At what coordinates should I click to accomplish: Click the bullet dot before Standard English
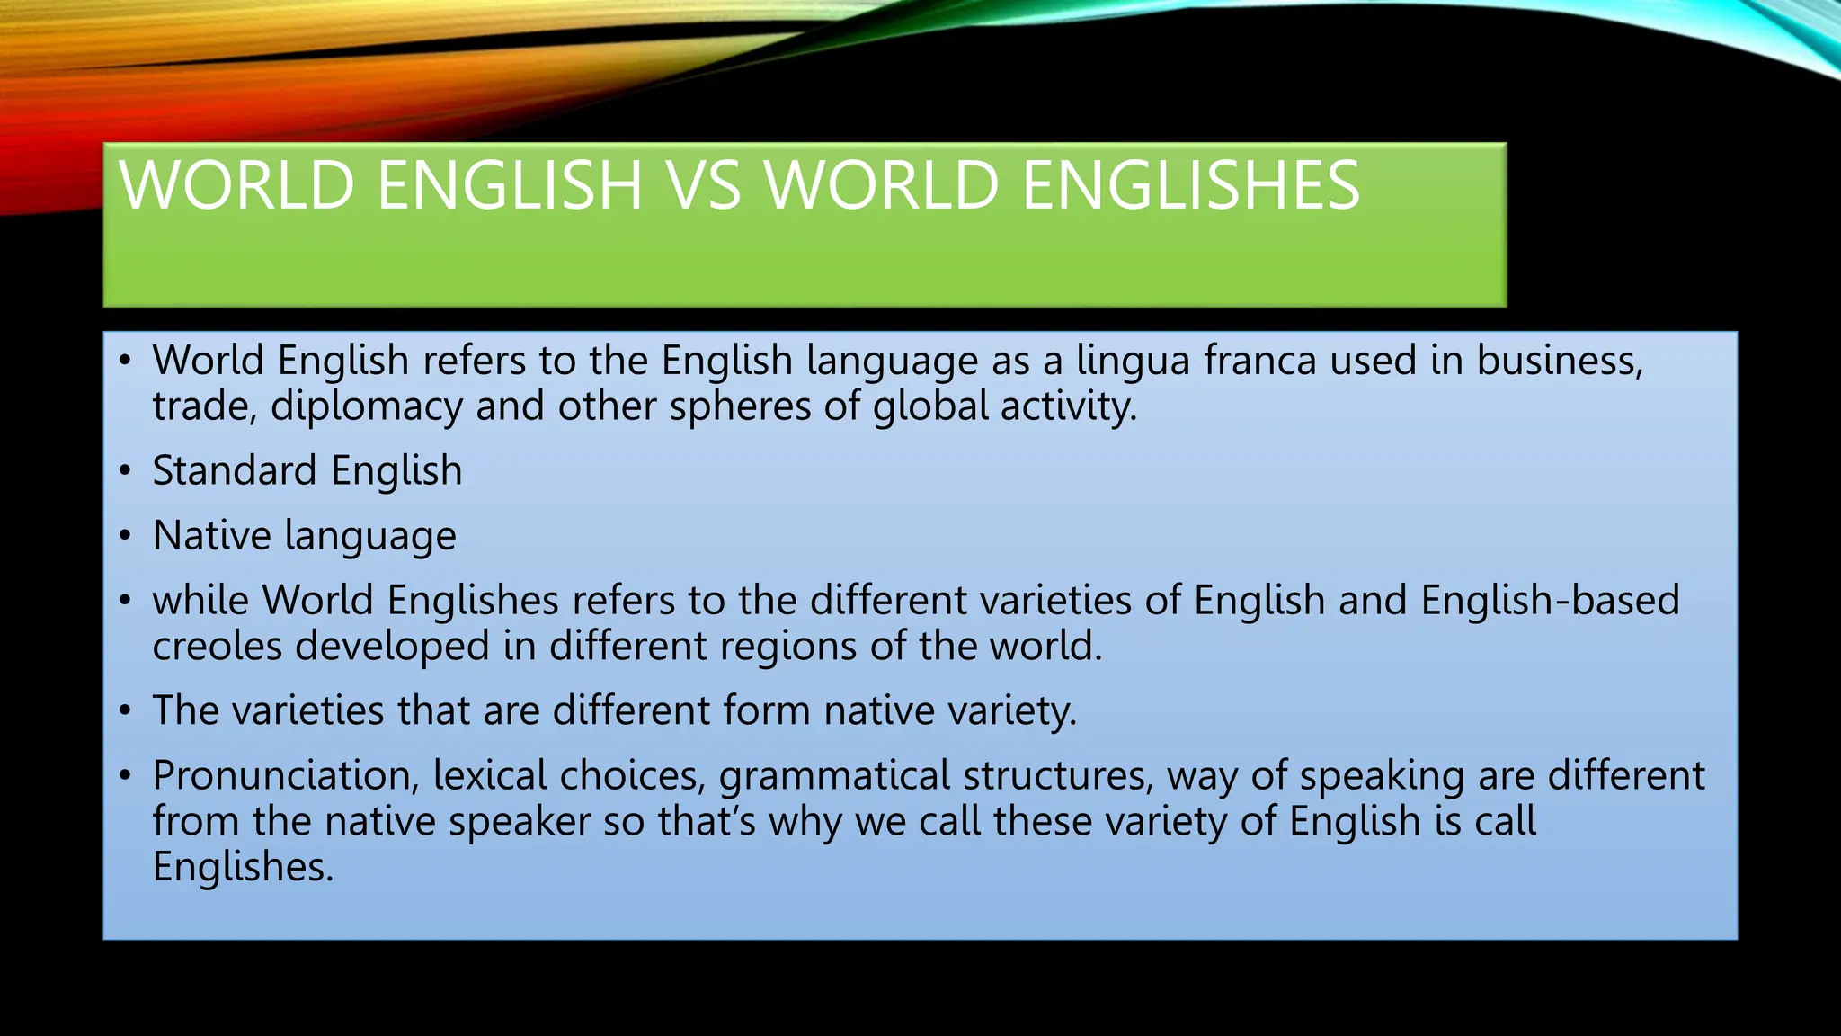point(126,471)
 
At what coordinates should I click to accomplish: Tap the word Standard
point(235,471)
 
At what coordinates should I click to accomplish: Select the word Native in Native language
point(212,536)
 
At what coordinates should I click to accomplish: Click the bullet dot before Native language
point(126,536)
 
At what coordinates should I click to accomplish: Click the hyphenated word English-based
point(1550,601)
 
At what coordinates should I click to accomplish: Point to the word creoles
point(217,647)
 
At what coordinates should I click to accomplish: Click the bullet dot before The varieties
point(126,711)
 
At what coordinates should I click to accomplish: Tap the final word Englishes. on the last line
point(243,868)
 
